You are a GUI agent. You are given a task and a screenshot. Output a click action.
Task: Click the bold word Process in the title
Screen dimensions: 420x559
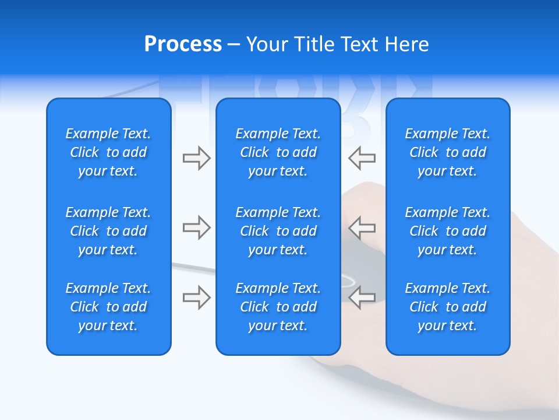183,44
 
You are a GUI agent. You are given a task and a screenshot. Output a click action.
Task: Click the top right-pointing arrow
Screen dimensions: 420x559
196,158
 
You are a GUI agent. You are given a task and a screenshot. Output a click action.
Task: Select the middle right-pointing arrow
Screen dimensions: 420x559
196,228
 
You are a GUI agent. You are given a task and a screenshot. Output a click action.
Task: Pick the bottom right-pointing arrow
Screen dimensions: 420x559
196,297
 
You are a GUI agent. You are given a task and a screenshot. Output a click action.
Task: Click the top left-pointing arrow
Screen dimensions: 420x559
362,158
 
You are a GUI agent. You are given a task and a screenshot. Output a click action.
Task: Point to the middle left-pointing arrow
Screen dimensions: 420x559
362,228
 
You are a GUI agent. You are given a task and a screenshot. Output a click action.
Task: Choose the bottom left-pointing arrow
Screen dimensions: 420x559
362,297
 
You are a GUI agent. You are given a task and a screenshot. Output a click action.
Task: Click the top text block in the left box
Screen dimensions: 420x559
108,152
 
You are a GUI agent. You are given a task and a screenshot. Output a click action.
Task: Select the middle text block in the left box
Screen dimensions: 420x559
108,231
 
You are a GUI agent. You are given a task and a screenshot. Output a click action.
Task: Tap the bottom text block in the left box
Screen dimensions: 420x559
108,307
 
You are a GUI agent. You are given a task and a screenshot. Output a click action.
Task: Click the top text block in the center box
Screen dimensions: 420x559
278,152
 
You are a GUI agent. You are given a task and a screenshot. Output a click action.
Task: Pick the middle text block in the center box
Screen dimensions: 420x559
278,231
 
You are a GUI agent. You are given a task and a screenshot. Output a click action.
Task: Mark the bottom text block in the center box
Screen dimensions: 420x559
278,307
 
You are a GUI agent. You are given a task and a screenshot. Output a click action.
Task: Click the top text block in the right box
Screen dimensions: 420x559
448,152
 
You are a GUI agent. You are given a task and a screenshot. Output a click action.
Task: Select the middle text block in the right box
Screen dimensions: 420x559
448,231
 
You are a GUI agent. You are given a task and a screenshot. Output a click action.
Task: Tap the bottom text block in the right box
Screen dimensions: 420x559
448,307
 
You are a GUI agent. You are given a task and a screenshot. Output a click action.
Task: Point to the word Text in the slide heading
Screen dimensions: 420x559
360,44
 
